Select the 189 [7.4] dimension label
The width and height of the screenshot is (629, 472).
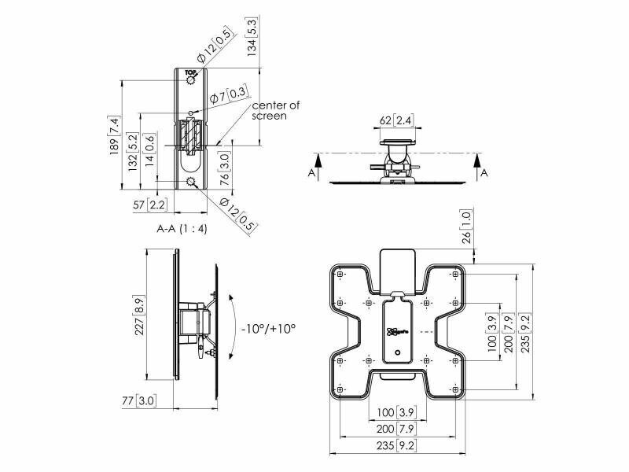pos(115,135)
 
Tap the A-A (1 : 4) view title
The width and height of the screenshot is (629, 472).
pos(182,229)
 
